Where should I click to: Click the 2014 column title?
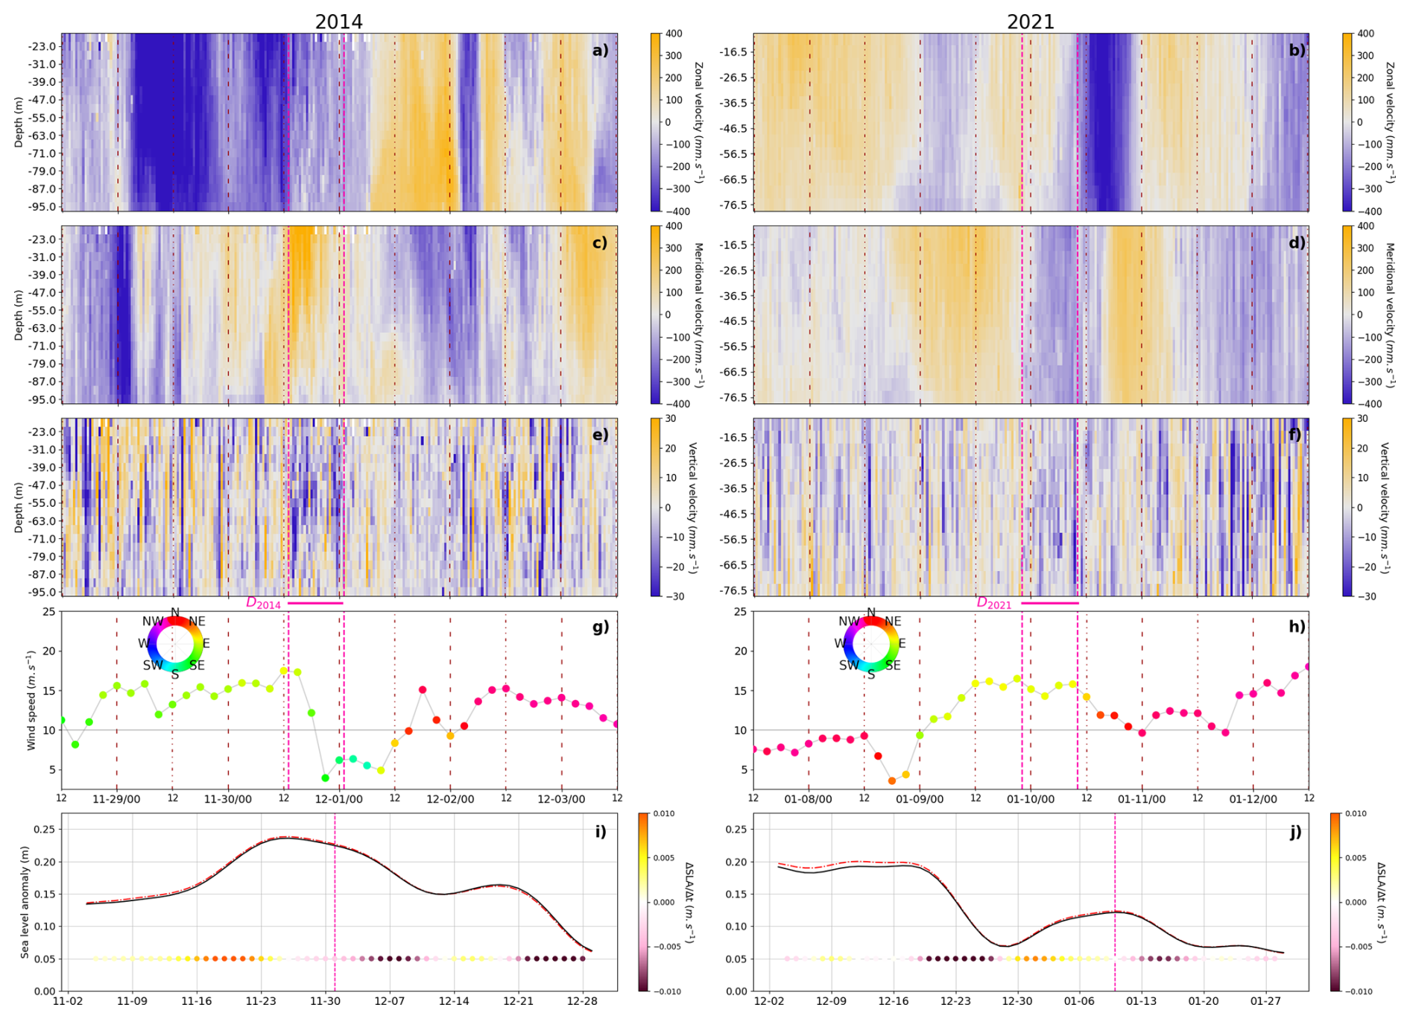tap(338, 22)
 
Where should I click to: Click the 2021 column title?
tap(1030, 22)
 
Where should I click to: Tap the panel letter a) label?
tap(600, 51)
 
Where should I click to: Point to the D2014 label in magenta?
tap(263, 603)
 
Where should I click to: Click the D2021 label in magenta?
tap(993, 603)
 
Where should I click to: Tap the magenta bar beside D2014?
tap(315, 602)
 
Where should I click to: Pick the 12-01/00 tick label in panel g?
tap(339, 799)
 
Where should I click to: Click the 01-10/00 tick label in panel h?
tap(1031, 799)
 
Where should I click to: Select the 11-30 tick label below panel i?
tap(325, 1001)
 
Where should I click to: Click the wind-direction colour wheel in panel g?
tap(174, 643)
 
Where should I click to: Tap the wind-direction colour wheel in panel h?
tap(870, 643)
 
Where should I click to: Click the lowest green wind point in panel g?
tap(325, 777)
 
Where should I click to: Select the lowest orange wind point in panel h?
tap(892, 780)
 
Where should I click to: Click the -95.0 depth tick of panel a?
tap(41, 206)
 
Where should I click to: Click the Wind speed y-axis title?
tap(31, 700)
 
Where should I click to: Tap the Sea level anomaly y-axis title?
tap(25, 902)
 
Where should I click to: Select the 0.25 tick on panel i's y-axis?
tap(45, 829)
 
